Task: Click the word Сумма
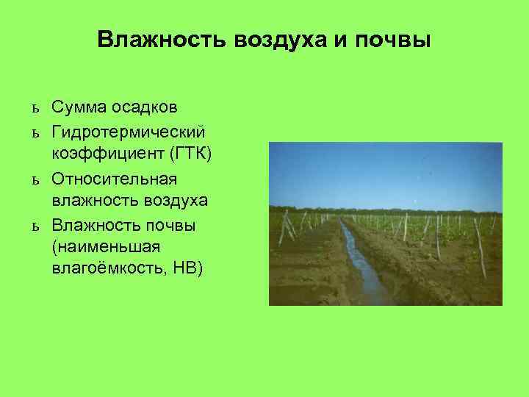(x=79, y=108)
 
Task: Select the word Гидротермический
(x=128, y=132)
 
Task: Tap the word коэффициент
(x=98, y=154)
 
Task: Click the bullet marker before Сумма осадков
(x=35, y=109)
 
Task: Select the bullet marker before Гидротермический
(x=35, y=132)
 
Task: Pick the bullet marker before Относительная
(x=35, y=179)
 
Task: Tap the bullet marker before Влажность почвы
(x=35, y=225)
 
